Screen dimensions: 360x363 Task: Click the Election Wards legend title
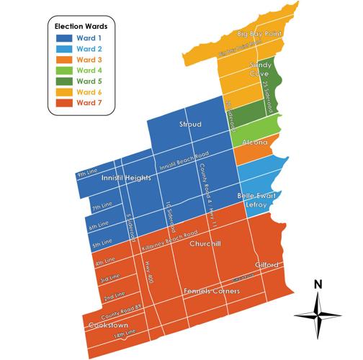click(80, 25)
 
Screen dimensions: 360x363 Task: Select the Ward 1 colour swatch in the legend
click(62, 37)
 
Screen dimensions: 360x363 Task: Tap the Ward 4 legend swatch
click(62, 71)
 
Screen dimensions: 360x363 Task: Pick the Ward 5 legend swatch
click(62, 81)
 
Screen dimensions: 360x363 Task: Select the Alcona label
click(256, 142)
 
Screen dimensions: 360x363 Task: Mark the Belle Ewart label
click(254, 196)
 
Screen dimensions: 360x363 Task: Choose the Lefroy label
click(256, 205)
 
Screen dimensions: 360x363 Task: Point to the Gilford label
click(267, 265)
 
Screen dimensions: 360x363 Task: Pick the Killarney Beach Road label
click(170, 241)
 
